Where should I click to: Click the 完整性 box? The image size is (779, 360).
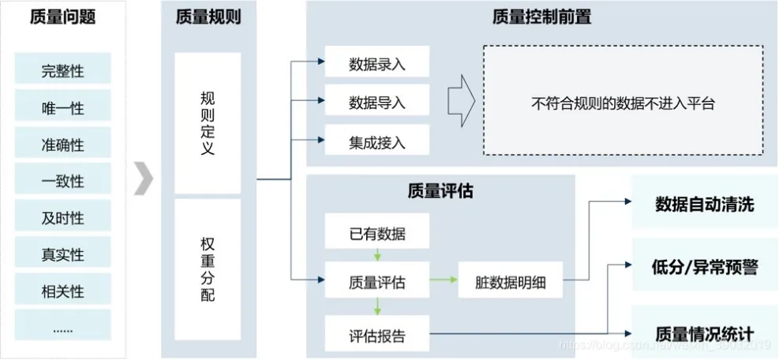click(x=62, y=71)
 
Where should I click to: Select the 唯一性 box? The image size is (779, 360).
click(x=62, y=107)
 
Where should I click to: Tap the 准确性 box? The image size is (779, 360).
click(x=62, y=144)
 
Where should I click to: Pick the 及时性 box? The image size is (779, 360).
click(x=62, y=218)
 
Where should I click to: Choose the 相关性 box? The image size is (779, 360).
click(x=62, y=291)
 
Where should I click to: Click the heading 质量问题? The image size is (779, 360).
click(x=62, y=17)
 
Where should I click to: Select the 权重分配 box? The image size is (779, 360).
click(x=208, y=268)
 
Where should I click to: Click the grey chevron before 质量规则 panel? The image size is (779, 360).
click(x=142, y=179)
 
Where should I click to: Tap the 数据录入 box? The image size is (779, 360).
click(x=377, y=64)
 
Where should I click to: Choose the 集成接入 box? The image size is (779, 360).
click(x=377, y=143)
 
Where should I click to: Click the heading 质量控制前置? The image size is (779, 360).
click(x=541, y=17)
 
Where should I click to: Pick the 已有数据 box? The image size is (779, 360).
click(x=377, y=234)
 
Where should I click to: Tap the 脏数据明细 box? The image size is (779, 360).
click(x=511, y=280)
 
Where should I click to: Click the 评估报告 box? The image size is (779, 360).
click(x=377, y=335)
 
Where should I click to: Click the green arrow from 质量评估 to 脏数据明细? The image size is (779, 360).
click(x=444, y=280)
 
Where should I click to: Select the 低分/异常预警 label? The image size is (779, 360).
click(x=706, y=268)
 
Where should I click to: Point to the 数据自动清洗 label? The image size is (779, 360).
click(x=705, y=204)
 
